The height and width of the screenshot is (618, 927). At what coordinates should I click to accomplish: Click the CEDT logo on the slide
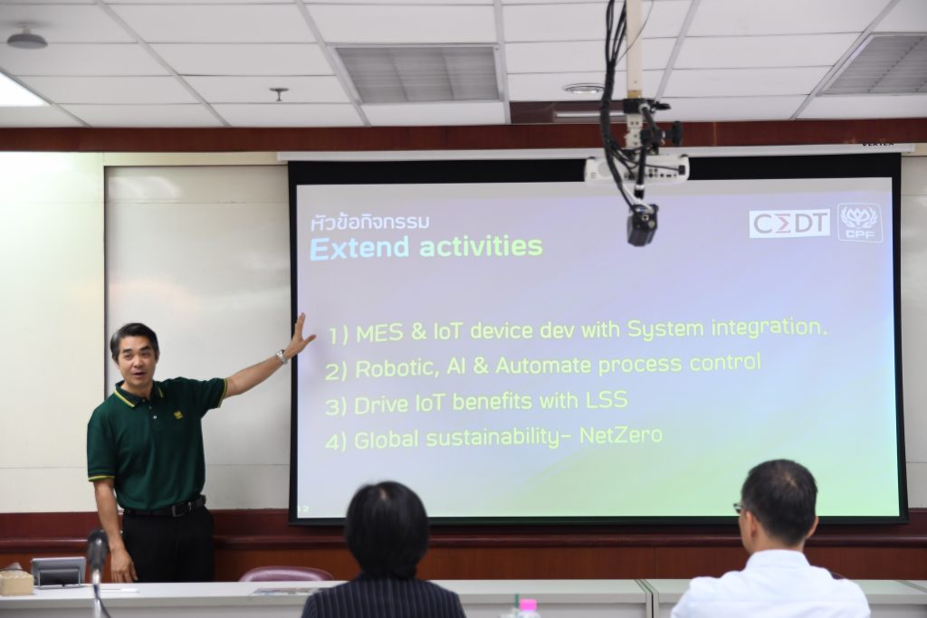coord(789,223)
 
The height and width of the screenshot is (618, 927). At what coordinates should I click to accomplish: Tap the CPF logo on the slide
coord(860,223)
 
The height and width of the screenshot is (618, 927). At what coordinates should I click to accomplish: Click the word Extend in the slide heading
coord(359,248)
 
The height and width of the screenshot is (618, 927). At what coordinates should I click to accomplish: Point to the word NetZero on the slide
coord(621,435)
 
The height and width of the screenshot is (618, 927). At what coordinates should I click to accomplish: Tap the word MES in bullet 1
coord(379,333)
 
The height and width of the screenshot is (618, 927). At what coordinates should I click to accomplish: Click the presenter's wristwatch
coord(282,357)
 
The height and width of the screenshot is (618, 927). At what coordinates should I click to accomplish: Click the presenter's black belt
coord(165,508)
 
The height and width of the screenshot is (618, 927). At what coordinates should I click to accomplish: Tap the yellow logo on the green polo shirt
coord(178,414)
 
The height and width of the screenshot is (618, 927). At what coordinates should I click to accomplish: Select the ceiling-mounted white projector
coord(636,169)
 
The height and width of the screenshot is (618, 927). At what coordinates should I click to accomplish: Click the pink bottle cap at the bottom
coord(528,605)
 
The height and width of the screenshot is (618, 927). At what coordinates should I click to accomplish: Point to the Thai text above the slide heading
coord(370,223)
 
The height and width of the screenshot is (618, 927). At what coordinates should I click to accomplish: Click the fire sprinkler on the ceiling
coord(279,94)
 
